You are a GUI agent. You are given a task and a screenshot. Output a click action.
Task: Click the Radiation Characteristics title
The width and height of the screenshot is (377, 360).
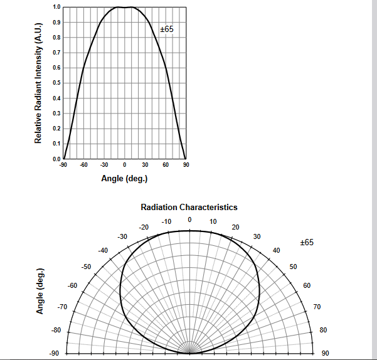click(189, 207)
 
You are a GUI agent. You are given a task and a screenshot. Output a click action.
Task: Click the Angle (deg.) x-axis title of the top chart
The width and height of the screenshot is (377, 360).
click(124, 179)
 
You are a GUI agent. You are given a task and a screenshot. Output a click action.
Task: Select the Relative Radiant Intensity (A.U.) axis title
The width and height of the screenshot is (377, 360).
click(38, 83)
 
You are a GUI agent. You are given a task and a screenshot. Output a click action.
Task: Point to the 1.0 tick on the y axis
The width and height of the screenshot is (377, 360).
click(57, 7)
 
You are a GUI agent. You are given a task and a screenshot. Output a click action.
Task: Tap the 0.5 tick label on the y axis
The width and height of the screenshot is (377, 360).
click(57, 83)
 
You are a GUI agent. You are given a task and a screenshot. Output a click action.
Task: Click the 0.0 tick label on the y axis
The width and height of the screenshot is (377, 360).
click(57, 159)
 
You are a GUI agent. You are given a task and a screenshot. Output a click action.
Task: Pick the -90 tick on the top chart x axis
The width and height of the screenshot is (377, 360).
click(63, 165)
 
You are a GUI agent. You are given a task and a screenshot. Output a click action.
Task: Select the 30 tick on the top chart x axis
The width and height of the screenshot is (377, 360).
click(145, 165)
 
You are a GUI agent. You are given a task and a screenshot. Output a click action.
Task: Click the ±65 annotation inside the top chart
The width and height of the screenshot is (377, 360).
click(166, 29)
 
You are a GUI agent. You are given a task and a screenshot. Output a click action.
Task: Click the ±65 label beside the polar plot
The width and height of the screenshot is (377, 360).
click(307, 242)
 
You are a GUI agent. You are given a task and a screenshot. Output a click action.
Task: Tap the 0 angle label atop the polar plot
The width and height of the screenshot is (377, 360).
click(189, 220)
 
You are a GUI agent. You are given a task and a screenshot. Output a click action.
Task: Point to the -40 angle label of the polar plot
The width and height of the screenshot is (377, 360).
click(103, 250)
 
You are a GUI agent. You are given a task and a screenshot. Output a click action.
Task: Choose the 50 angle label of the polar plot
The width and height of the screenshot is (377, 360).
click(292, 267)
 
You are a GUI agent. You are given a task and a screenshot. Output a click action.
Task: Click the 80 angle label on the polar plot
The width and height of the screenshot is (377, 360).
click(323, 330)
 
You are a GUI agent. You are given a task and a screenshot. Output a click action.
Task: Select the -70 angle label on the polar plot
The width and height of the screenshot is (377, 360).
click(61, 307)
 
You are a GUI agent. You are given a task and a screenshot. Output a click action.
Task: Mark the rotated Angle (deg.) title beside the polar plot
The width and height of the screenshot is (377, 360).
click(40, 292)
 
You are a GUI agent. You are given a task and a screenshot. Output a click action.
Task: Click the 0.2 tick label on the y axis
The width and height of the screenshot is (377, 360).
click(57, 129)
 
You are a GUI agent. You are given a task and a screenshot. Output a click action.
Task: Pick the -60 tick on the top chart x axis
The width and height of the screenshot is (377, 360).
click(83, 165)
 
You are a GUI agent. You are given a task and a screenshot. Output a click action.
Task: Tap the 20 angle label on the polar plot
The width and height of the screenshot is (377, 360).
click(235, 227)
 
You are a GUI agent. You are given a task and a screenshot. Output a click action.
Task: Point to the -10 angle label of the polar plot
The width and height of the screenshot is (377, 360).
click(166, 221)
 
